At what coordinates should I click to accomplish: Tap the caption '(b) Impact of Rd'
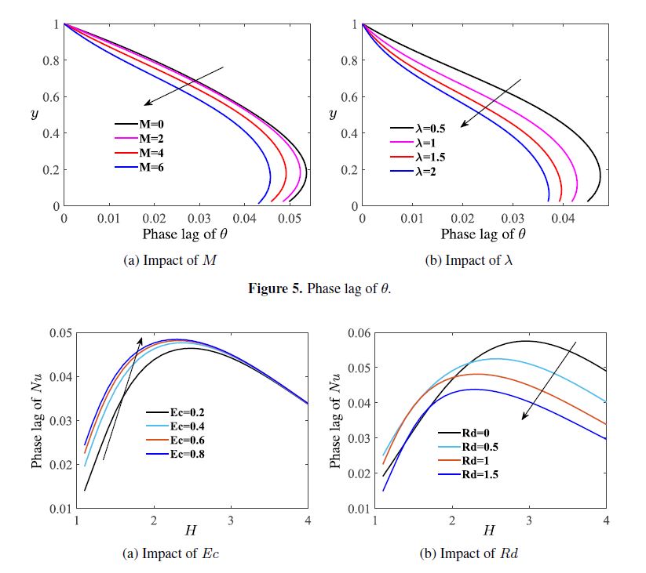[x=469, y=554]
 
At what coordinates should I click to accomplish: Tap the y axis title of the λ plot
[x=334, y=114]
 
